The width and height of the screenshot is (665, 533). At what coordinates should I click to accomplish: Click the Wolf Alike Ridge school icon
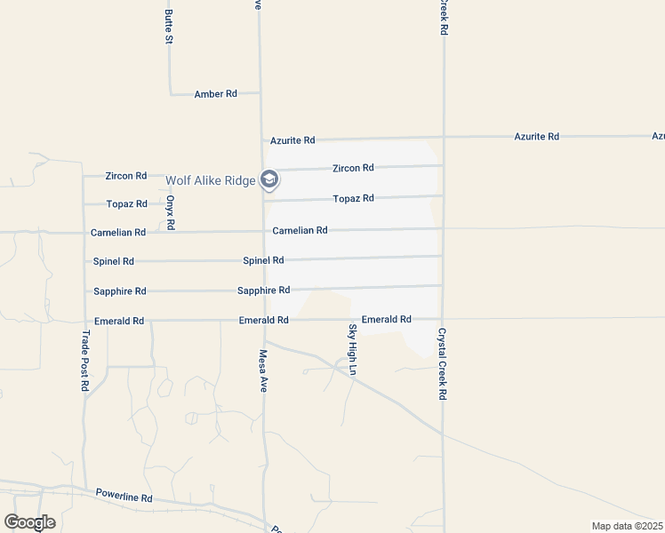269,181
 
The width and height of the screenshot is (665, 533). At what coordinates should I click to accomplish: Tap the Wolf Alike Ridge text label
210,181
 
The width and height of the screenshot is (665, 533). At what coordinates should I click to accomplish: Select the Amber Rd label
215,93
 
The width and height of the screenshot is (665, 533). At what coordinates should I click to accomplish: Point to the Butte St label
168,21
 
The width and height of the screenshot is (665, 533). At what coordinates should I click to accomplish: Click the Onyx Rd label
169,213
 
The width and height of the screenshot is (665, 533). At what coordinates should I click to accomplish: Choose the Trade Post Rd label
85,361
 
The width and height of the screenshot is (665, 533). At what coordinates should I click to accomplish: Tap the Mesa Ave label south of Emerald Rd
263,370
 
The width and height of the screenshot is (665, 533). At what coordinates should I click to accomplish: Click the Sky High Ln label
352,348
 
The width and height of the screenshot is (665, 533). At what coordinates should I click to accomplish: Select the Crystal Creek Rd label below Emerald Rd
440,364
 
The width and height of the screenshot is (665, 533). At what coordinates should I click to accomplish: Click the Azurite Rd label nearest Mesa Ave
293,140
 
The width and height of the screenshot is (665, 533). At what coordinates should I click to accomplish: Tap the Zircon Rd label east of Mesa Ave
353,168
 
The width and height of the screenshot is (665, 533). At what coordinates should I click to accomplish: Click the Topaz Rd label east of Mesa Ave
353,198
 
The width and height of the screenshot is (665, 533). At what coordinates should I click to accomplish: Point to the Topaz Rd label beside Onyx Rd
126,203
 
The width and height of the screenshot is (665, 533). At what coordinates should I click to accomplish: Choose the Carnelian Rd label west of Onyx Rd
118,232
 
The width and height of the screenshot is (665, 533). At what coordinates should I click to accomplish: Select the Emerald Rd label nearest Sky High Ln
386,319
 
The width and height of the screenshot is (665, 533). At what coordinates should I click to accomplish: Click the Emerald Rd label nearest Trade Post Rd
119,321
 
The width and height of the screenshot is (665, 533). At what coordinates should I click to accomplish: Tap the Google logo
30,522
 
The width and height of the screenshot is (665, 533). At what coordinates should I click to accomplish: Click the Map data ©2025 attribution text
626,526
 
